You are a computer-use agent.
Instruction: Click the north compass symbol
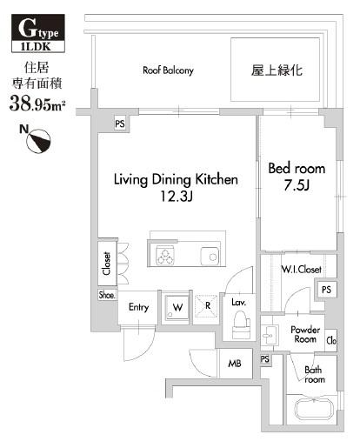[40, 137]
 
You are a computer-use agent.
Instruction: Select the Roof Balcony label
[168, 70]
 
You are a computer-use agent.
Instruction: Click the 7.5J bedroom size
[297, 185]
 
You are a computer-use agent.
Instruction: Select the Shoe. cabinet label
[106, 294]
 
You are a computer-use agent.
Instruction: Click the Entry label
[139, 307]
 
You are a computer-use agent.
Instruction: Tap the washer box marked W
[177, 307]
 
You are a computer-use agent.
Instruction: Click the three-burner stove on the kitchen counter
[165, 255]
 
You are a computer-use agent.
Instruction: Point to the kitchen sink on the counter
[209, 256]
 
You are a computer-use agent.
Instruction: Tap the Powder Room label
[304, 335]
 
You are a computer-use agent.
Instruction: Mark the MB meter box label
[235, 364]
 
